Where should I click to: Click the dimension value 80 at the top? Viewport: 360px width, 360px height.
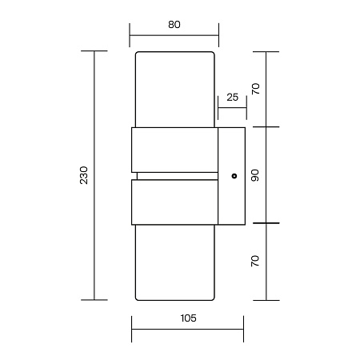pyautogui.click(x=174, y=24)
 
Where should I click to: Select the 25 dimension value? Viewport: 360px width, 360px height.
pyautogui.click(x=232, y=97)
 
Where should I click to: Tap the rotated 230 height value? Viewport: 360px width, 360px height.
pyautogui.click(x=84, y=176)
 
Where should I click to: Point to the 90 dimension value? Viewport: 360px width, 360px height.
pyautogui.click(x=255, y=175)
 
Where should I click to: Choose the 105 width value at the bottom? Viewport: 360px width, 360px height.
pyautogui.click(x=187, y=318)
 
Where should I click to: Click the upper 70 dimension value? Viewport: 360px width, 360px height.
pyautogui.click(x=255, y=88)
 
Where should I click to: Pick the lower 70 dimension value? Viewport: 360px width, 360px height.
pyautogui.click(x=255, y=261)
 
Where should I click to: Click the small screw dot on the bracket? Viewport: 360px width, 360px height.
pyautogui.click(x=234, y=175)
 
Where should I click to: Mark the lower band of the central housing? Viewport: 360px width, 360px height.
pyautogui.click(x=174, y=202)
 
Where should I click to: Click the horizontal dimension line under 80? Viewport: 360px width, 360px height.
pyautogui.click(x=174, y=35)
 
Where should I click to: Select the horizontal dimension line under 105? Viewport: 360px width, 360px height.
pyautogui.click(x=187, y=329)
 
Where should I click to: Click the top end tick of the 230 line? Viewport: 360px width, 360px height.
pyautogui.click(x=95, y=51)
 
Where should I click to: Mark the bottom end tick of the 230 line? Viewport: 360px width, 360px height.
pyautogui.click(x=95, y=300)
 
